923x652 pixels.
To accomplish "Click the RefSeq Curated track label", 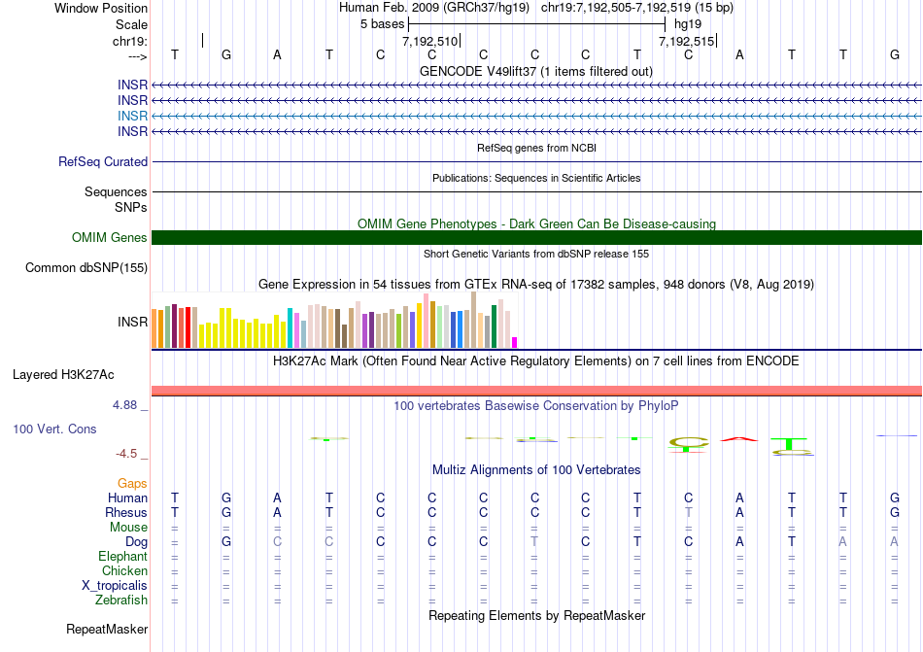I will point(103,162).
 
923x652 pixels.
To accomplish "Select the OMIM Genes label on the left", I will point(110,238).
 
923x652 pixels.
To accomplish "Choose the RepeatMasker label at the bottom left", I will point(107,630).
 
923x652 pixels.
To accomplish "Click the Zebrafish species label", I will point(122,601).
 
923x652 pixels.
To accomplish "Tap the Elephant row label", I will point(122,557).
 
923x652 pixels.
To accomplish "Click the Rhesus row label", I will point(126,513).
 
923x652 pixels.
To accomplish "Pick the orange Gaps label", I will point(132,483).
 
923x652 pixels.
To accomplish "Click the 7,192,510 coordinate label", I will point(429,42).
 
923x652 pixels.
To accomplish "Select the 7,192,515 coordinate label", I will point(686,42).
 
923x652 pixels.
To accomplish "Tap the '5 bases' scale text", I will point(382,22).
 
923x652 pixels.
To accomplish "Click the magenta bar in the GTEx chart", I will point(515,342).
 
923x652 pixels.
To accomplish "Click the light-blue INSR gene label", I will point(133,116).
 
